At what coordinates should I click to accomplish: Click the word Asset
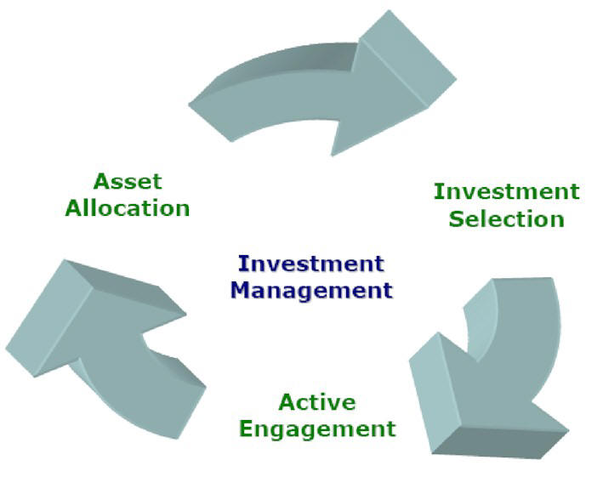coord(128,181)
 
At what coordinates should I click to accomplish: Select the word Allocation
coord(128,208)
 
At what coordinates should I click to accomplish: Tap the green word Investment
coord(507,191)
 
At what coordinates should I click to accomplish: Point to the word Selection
coord(507,219)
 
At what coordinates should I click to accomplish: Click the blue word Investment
coord(311,264)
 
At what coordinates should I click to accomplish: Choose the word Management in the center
coord(311,290)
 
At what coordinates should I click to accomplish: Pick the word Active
coord(317,402)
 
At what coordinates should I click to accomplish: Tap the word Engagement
coord(317,429)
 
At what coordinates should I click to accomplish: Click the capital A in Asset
coord(102,181)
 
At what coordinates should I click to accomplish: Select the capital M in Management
coord(242,290)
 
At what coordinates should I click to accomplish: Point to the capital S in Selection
coord(457,219)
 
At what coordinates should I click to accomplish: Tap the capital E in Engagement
coord(247,429)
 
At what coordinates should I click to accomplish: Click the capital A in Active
coord(287,402)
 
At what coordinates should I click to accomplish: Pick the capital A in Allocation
coord(74,208)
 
